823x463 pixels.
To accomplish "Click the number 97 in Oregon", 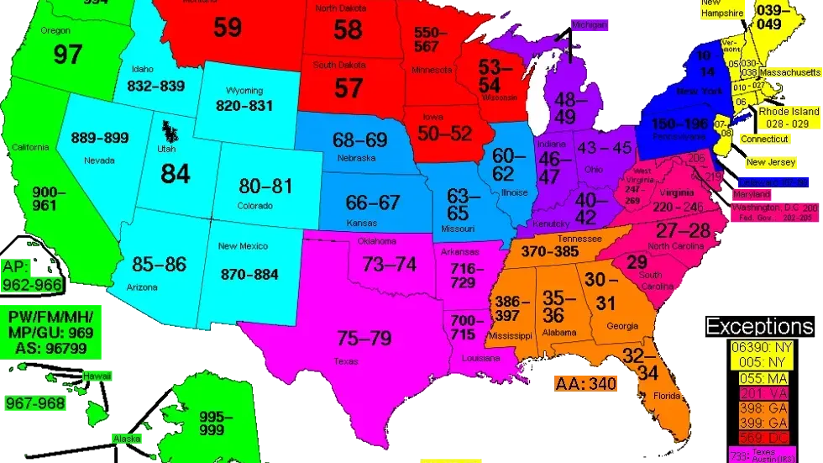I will (67, 55).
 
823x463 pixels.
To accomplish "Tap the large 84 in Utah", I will (176, 173).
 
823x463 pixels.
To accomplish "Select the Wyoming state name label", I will (244, 91).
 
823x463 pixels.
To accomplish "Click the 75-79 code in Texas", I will (364, 339).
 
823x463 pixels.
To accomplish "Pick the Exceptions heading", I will (759, 327).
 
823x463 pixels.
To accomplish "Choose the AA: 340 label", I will (585, 384).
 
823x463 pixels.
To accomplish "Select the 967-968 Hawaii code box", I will (35, 403).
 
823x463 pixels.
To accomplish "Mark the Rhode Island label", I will (789, 117).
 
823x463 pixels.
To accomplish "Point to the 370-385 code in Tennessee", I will (549, 250).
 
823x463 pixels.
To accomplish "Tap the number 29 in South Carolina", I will (637, 261).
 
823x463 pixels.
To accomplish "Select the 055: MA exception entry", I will (759, 379).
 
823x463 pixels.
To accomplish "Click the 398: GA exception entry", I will (759, 408).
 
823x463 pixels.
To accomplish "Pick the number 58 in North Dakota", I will (348, 30).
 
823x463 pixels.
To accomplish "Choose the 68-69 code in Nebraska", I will (359, 140).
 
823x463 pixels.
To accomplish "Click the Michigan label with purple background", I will (589, 25).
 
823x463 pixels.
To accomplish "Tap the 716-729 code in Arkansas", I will (463, 275).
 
